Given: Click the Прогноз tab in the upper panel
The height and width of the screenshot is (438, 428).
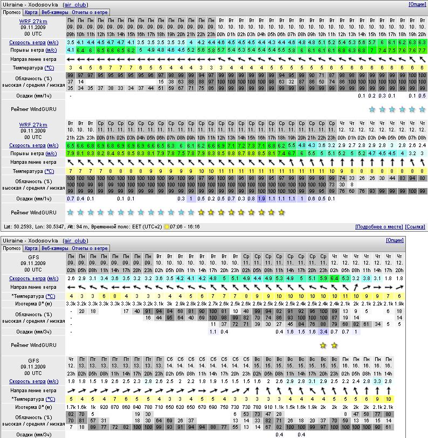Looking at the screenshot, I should [x=11, y=12].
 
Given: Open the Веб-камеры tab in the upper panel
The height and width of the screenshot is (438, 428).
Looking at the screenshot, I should [x=56, y=12].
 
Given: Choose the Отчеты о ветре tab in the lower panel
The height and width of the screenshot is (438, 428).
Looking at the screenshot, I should [x=90, y=248].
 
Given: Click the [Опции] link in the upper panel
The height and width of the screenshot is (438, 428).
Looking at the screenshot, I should [x=417, y=4].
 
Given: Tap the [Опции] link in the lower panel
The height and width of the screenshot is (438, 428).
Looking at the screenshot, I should [x=395, y=240].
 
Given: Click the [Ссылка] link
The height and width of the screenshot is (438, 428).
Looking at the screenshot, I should [x=415, y=227].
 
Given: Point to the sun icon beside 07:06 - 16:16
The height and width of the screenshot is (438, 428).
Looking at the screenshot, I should [x=167, y=227].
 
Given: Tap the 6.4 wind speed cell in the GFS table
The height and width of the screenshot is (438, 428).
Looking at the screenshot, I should [x=334, y=279].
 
